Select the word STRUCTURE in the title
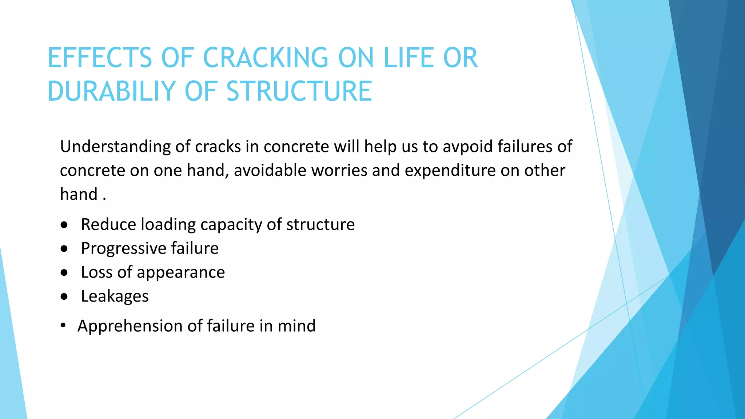click(299, 91)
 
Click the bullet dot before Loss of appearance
click(64, 273)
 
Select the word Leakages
click(115, 296)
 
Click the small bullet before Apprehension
click(63, 326)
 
